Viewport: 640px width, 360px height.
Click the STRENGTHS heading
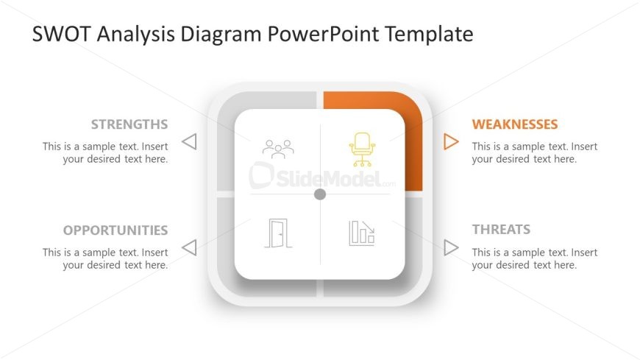coord(129,124)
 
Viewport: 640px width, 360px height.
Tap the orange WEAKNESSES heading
coord(515,124)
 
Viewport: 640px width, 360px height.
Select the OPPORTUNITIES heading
coord(115,230)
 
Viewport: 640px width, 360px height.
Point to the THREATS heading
coord(501,230)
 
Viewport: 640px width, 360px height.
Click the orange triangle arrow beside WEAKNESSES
coord(451,141)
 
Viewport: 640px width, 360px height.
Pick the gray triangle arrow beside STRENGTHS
coord(189,141)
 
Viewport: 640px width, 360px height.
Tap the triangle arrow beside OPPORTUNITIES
coord(189,247)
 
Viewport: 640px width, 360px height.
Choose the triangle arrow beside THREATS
coord(451,247)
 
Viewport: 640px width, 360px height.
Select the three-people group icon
coord(278,149)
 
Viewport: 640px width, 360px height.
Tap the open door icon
coord(278,233)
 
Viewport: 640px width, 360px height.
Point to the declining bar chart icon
coord(361,233)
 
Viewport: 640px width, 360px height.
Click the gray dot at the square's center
coord(320,194)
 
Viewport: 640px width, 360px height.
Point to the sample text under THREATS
coord(535,258)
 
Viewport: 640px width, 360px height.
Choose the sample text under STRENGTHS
coord(105,152)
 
